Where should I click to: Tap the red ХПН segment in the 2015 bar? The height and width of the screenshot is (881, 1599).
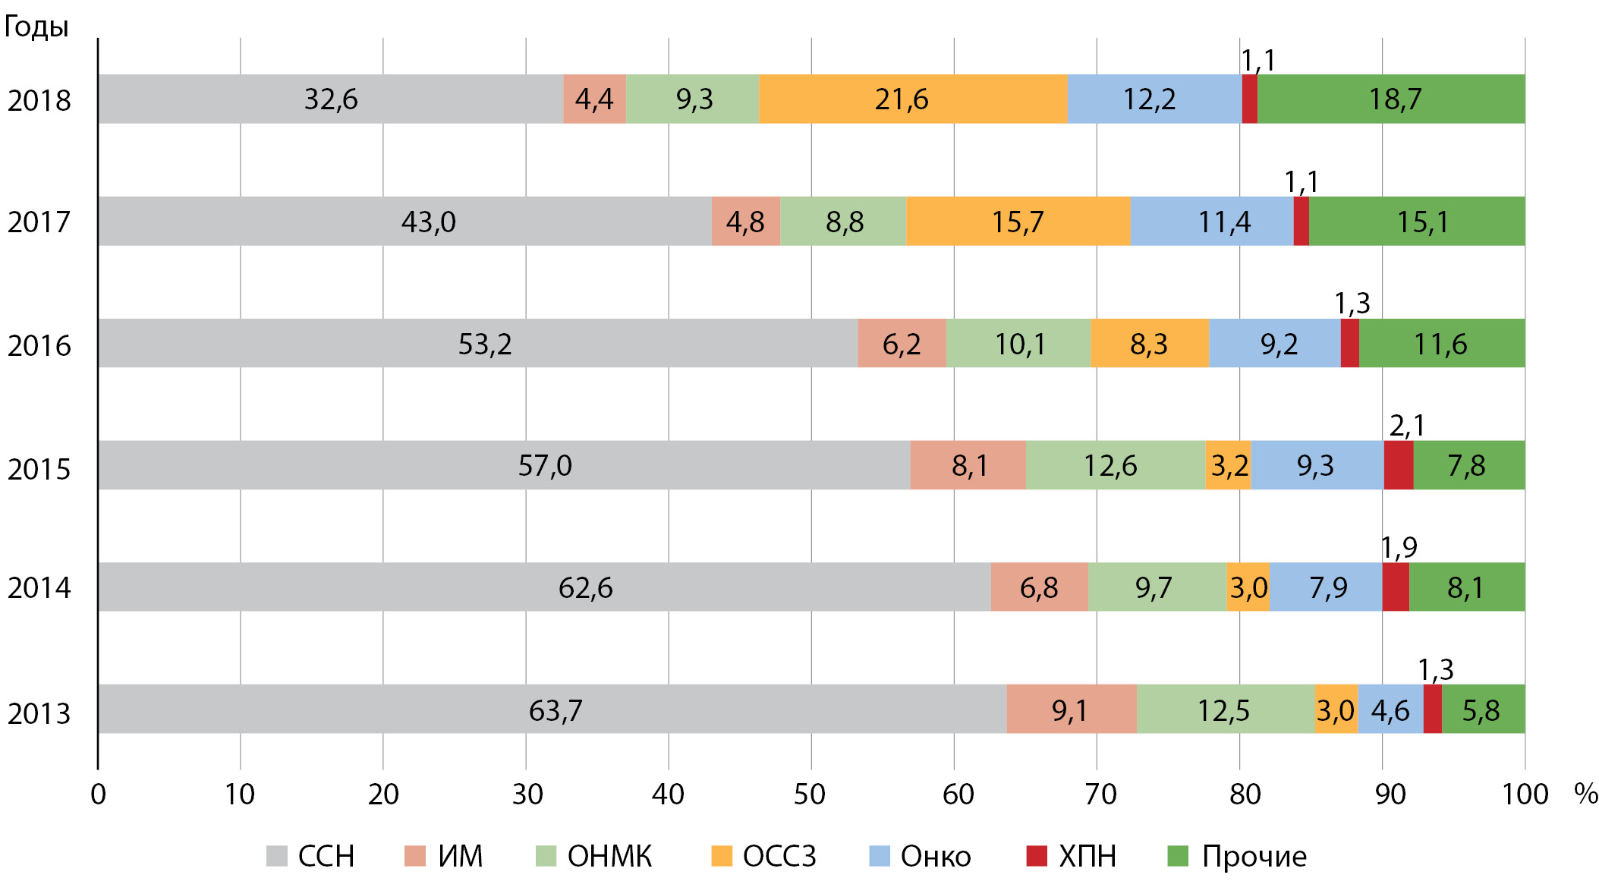pyautogui.click(x=1398, y=465)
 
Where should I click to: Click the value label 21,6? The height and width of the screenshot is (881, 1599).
pyautogui.click(x=901, y=99)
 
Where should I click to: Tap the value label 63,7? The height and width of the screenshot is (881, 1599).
pyautogui.click(x=556, y=710)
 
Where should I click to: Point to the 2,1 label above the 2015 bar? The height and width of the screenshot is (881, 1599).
pyautogui.click(x=1406, y=426)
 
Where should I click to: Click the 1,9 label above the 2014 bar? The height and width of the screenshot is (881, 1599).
pyautogui.click(x=1398, y=547)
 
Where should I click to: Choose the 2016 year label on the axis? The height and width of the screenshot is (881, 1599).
pyautogui.click(x=39, y=345)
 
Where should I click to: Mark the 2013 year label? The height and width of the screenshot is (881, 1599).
pyautogui.click(x=39, y=713)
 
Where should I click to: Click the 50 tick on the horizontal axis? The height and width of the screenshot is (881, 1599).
pyautogui.click(x=810, y=794)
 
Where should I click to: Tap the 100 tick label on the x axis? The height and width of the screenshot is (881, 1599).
pyautogui.click(x=1525, y=794)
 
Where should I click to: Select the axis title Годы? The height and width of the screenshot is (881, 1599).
pyautogui.click(x=36, y=27)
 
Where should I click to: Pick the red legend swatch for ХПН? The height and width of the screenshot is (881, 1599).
pyautogui.click(x=1037, y=856)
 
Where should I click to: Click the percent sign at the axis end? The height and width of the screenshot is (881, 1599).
pyautogui.click(x=1585, y=794)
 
